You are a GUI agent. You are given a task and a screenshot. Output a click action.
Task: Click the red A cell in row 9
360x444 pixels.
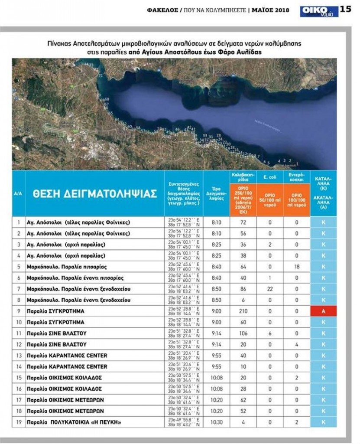click(323, 311)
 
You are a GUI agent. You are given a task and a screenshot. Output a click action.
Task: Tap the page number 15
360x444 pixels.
click(346, 10)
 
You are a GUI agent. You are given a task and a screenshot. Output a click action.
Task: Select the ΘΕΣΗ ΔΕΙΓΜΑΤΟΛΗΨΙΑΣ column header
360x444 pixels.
click(94, 193)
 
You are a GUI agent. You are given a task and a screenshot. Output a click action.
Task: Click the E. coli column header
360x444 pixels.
click(270, 177)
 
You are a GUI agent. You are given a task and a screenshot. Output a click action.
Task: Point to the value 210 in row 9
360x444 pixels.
click(243, 311)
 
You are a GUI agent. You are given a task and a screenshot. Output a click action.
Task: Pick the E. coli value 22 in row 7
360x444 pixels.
click(270, 289)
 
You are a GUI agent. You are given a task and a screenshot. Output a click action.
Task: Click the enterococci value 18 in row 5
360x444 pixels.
click(297, 267)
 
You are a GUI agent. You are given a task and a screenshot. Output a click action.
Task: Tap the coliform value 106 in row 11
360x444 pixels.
click(243, 333)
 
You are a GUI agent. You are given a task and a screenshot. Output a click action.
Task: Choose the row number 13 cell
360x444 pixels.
click(19, 356)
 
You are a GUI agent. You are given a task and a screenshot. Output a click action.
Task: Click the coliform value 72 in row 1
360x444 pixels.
click(243, 222)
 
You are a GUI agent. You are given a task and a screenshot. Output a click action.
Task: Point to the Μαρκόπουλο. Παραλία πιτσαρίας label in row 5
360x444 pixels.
click(66, 267)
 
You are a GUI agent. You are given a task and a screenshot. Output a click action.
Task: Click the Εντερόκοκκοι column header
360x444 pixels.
click(297, 177)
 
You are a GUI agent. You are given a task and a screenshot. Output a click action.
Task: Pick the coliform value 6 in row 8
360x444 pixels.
click(243, 300)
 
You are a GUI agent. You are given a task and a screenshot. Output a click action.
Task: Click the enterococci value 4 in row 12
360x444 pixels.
click(297, 345)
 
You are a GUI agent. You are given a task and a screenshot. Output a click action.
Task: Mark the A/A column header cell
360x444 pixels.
click(19, 193)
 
